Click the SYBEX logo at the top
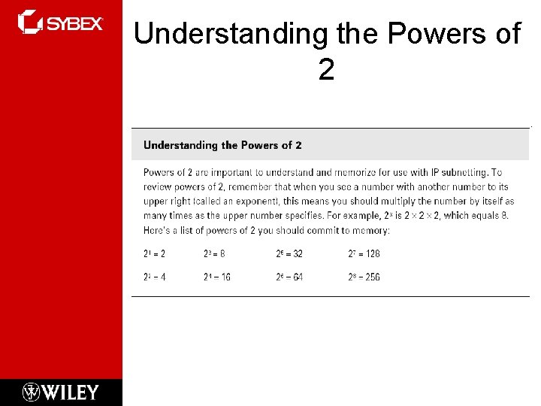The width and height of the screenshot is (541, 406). coord(60,22)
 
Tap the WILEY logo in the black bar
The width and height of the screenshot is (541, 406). coord(61,392)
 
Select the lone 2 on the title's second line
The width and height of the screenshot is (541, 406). coord(326,70)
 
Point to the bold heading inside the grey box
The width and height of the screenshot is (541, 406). coord(222,145)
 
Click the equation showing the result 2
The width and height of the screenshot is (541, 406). coord(154,255)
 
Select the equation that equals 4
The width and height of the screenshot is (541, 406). coord(154,277)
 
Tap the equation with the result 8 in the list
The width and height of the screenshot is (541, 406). coord(214,255)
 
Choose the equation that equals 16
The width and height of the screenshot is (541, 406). coord(216,277)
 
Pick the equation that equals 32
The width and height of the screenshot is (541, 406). coord(289,255)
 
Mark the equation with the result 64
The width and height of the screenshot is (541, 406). coord(289,277)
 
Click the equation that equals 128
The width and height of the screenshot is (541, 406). coord(364,255)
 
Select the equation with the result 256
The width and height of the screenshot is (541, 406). coord(364,277)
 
